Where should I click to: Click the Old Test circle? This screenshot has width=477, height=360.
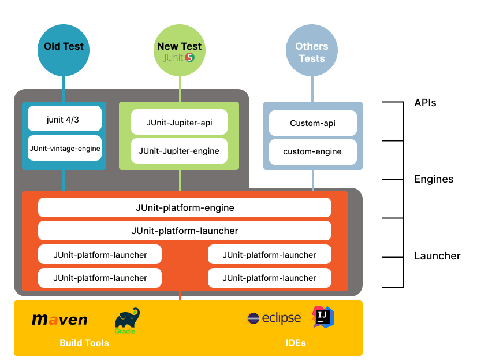(x=64, y=50)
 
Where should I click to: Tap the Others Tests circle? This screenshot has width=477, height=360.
(x=312, y=52)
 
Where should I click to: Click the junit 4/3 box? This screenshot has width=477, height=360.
(x=65, y=119)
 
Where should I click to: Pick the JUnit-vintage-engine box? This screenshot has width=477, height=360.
(x=65, y=149)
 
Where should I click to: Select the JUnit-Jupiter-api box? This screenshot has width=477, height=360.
(x=179, y=123)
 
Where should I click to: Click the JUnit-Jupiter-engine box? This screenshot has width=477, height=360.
(x=179, y=151)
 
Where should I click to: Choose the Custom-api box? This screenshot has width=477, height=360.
(x=312, y=123)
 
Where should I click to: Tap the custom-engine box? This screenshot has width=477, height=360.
(x=312, y=151)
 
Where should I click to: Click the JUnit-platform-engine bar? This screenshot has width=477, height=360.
(x=185, y=207)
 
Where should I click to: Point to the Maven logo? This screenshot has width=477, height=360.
(x=59, y=320)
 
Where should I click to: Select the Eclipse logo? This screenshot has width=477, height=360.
(x=274, y=318)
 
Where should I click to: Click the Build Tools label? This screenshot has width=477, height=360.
(x=84, y=343)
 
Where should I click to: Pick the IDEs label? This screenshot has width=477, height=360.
(x=296, y=343)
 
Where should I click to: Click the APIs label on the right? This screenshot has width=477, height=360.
(x=425, y=103)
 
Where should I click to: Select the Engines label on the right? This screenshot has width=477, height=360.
(x=434, y=179)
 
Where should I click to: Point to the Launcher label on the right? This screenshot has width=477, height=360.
(x=437, y=256)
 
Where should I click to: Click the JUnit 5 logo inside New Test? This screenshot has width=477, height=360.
(x=179, y=58)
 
